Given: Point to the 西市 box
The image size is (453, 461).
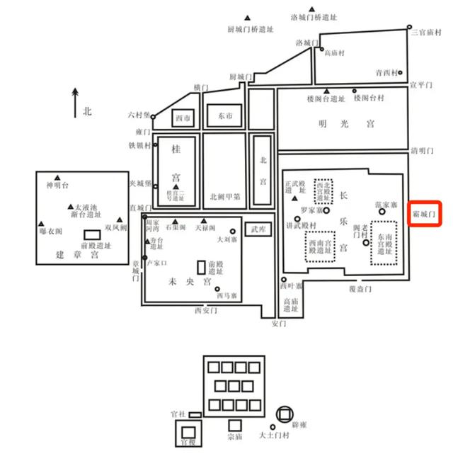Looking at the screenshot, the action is coord(183,119).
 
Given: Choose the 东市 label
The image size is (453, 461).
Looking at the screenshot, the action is coord(224,116).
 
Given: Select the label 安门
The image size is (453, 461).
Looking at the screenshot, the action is coord(278,324).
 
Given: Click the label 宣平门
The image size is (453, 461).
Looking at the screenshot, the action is coord(421,84).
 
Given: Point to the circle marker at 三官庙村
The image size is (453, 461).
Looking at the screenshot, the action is coord(413,30).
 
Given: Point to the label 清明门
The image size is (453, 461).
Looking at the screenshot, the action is coord(422,151).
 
